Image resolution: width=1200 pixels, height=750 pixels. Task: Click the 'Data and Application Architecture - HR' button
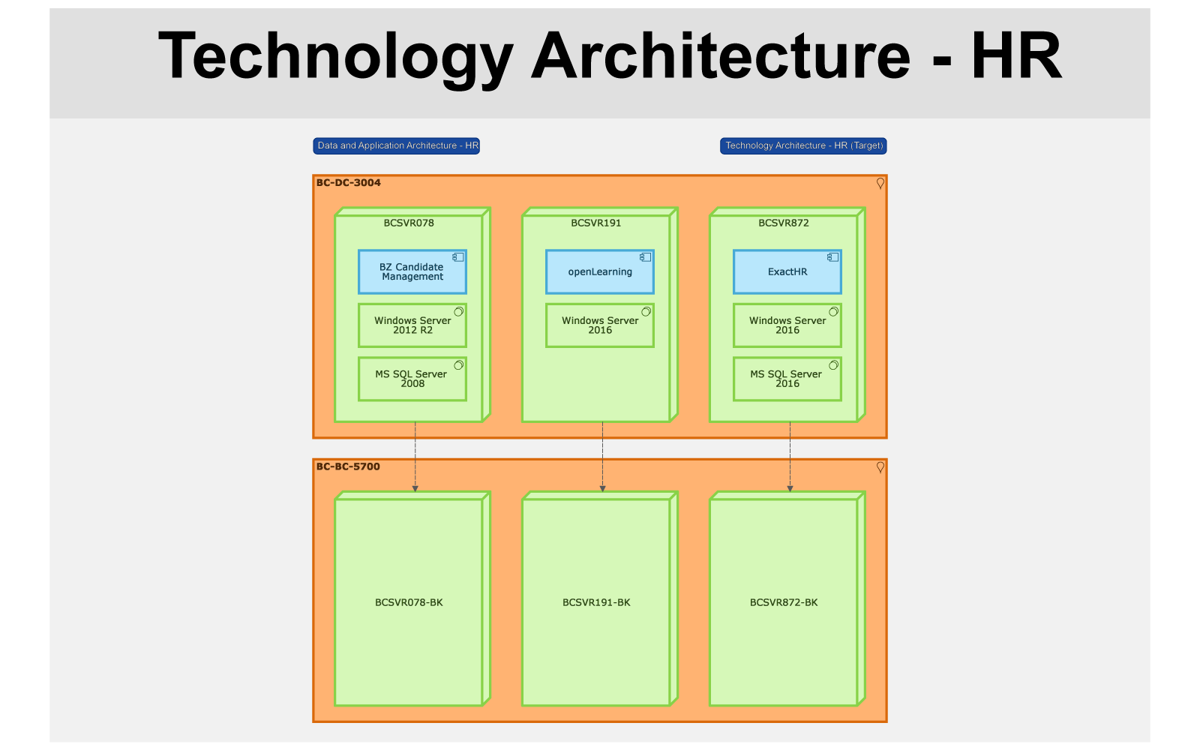point(397,145)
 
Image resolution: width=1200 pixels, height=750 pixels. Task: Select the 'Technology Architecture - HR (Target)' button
point(803,145)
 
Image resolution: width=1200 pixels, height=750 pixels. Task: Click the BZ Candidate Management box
point(412,271)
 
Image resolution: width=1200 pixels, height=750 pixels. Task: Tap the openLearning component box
point(600,271)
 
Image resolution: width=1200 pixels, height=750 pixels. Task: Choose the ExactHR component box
point(787,271)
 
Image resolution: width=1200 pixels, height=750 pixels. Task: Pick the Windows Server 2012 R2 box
point(412,325)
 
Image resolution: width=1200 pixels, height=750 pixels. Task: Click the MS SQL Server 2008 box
point(412,379)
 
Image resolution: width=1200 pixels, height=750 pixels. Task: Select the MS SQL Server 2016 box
point(787,379)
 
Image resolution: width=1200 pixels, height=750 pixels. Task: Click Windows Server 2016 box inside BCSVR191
point(600,325)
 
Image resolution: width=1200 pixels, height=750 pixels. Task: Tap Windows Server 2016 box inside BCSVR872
point(787,325)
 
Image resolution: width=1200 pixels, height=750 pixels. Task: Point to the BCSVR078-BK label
point(409,602)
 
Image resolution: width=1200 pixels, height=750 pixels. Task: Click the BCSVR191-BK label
point(596,602)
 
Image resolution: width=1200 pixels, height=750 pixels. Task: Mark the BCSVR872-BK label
point(784,602)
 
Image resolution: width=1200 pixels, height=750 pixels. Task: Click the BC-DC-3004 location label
point(348,183)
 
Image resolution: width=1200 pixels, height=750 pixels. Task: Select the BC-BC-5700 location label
point(348,466)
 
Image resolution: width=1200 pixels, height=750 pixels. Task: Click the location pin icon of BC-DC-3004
point(880,184)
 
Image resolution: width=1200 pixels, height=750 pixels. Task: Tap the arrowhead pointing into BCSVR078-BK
point(415,488)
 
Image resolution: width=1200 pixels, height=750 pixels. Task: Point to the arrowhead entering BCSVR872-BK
point(790,488)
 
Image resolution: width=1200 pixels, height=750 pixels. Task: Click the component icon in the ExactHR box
point(832,257)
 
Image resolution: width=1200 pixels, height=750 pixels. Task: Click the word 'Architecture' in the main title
point(721,55)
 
